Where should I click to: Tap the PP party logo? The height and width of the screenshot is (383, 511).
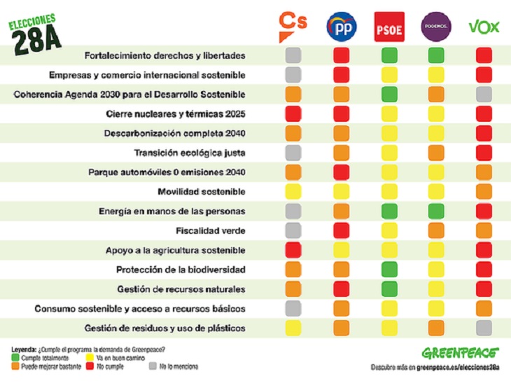pyautogui.click(x=342, y=27)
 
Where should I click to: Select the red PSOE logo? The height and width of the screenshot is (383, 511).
pyautogui.click(x=389, y=27)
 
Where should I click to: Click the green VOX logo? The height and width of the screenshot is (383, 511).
pyautogui.click(x=484, y=27)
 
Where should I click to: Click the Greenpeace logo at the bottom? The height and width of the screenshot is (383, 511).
pyautogui.click(x=460, y=352)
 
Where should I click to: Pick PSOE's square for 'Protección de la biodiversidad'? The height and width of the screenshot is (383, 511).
pyautogui.click(x=389, y=269)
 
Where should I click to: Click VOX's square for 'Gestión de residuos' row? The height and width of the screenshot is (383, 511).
pyautogui.click(x=484, y=328)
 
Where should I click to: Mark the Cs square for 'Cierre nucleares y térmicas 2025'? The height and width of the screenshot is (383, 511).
pyautogui.click(x=293, y=113)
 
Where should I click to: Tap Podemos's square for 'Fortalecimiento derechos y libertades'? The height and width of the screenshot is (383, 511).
pyautogui.click(x=436, y=55)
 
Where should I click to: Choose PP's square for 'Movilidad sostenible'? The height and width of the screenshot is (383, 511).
pyautogui.click(x=342, y=191)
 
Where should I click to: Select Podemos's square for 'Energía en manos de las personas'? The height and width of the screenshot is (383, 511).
pyautogui.click(x=436, y=211)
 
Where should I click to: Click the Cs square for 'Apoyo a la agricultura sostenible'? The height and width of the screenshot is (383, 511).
pyautogui.click(x=293, y=250)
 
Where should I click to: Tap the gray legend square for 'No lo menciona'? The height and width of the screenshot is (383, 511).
pyautogui.click(x=153, y=365)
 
